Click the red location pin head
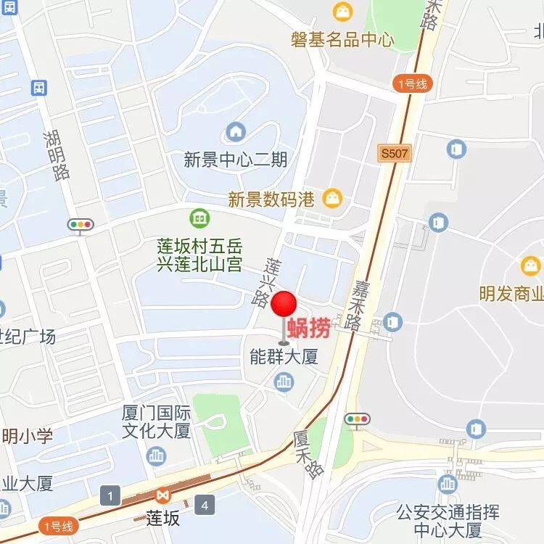point(284,304)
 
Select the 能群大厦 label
point(284,358)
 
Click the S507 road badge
point(395,153)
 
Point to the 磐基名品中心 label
point(342,38)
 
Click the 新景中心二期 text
point(236,160)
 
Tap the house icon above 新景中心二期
point(236,132)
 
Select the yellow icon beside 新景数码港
point(332,198)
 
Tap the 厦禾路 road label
point(308,454)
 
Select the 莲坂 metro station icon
point(162,497)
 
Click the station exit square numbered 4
point(205,504)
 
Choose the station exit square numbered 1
point(110,497)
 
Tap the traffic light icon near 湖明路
point(80,224)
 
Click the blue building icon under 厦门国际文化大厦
point(157,456)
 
